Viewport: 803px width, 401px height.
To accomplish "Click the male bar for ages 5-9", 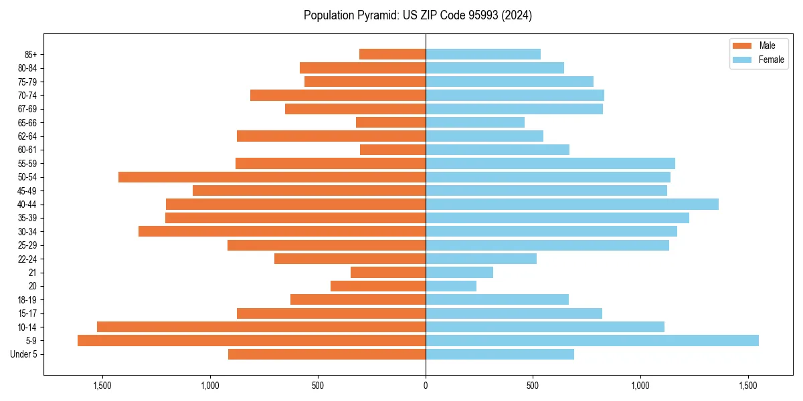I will point(252,341).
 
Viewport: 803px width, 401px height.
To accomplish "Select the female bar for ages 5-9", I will point(592,341).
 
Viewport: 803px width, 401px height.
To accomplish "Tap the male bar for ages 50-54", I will point(272,177).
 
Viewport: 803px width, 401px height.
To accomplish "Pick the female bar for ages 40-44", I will point(572,205).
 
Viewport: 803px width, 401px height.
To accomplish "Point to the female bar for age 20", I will point(451,286).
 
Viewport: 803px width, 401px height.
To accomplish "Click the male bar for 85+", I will point(392,54).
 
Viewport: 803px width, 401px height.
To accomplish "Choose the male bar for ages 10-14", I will point(261,327).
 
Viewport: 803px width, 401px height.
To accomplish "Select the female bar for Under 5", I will point(500,354).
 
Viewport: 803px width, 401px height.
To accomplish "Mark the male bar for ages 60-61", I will point(393,150).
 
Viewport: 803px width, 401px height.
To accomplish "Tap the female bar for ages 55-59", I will point(550,163).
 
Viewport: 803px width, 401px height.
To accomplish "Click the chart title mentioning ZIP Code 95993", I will point(418,15).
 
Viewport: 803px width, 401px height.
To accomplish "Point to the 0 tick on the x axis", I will point(426,386).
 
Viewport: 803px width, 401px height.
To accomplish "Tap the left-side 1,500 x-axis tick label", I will point(102,386).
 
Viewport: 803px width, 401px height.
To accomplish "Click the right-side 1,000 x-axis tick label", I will point(640,386).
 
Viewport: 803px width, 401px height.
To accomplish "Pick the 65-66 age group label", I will point(27,122).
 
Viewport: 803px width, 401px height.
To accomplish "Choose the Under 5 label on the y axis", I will point(23,354).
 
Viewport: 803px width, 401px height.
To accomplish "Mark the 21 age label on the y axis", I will point(33,273).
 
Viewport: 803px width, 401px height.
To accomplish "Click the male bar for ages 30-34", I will point(282,231).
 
